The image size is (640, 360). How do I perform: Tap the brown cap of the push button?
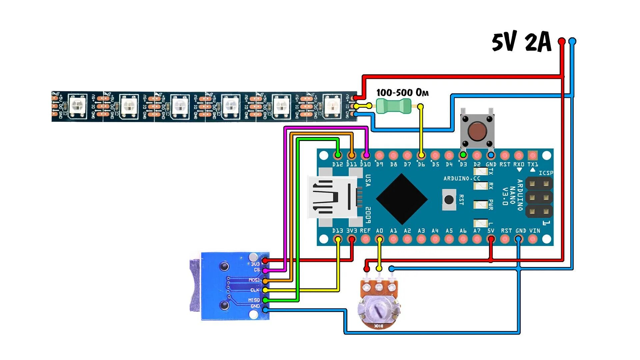tap(477, 131)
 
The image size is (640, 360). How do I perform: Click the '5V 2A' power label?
tap(522, 42)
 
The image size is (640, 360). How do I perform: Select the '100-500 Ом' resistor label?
tap(402, 92)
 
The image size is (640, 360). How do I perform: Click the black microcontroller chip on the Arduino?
tap(402, 199)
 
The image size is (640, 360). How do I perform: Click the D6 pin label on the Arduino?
tap(421, 164)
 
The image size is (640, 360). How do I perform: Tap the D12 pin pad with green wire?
tap(338, 155)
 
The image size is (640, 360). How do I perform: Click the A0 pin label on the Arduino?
tap(379, 231)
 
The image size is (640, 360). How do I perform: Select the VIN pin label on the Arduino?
tap(535, 231)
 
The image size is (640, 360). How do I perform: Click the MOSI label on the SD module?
tap(254, 280)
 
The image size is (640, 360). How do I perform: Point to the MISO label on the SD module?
tap(254, 300)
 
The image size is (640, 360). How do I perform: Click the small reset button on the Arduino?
tap(449, 199)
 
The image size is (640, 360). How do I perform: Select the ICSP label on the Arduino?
tap(546, 173)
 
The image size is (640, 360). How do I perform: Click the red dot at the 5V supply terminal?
tap(562, 41)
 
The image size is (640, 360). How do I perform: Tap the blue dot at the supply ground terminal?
tap(572, 41)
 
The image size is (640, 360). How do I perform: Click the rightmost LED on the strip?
tap(332, 106)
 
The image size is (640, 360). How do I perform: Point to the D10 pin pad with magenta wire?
tap(366, 155)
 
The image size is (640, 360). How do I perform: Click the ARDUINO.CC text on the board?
tap(462, 179)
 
